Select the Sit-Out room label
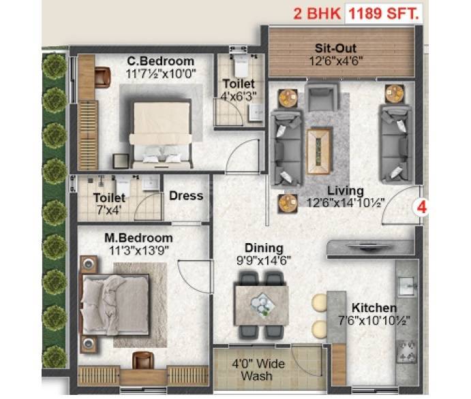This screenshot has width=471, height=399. pyautogui.click(x=333, y=49)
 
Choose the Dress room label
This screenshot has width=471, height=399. pyautogui.click(x=186, y=196)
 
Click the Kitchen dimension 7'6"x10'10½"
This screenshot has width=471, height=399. pyautogui.click(x=375, y=321)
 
